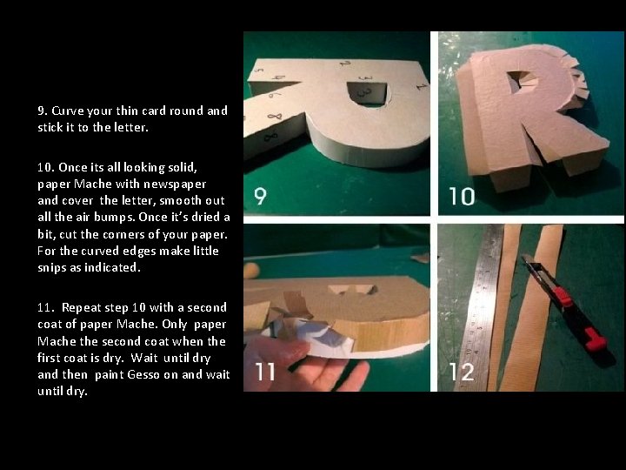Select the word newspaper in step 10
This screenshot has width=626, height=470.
pos(176,184)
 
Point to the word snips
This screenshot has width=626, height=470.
pos(52,267)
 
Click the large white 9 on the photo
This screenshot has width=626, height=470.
pos(259,196)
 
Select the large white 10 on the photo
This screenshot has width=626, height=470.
pos(463,196)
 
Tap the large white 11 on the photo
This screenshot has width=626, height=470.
pos(265,373)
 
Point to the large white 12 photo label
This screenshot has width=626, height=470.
pos(463,373)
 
